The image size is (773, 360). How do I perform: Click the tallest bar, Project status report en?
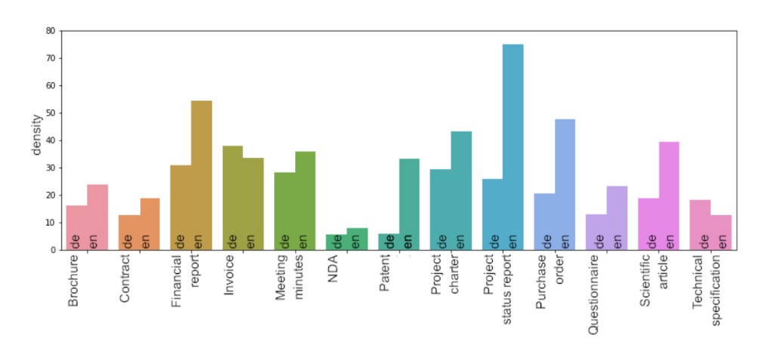coord(513,143)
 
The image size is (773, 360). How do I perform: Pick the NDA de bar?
coord(337,242)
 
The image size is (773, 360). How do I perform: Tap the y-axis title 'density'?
coord(36,134)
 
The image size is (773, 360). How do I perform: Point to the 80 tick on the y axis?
coord(51,31)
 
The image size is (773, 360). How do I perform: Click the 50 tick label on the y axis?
coord(51,113)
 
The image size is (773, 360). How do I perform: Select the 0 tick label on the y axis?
coord(53,250)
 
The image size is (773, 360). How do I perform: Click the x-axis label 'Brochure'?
coord(73,280)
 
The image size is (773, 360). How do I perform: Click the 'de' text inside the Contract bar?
coord(128,242)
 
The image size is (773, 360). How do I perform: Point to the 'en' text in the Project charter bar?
coord(460,242)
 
